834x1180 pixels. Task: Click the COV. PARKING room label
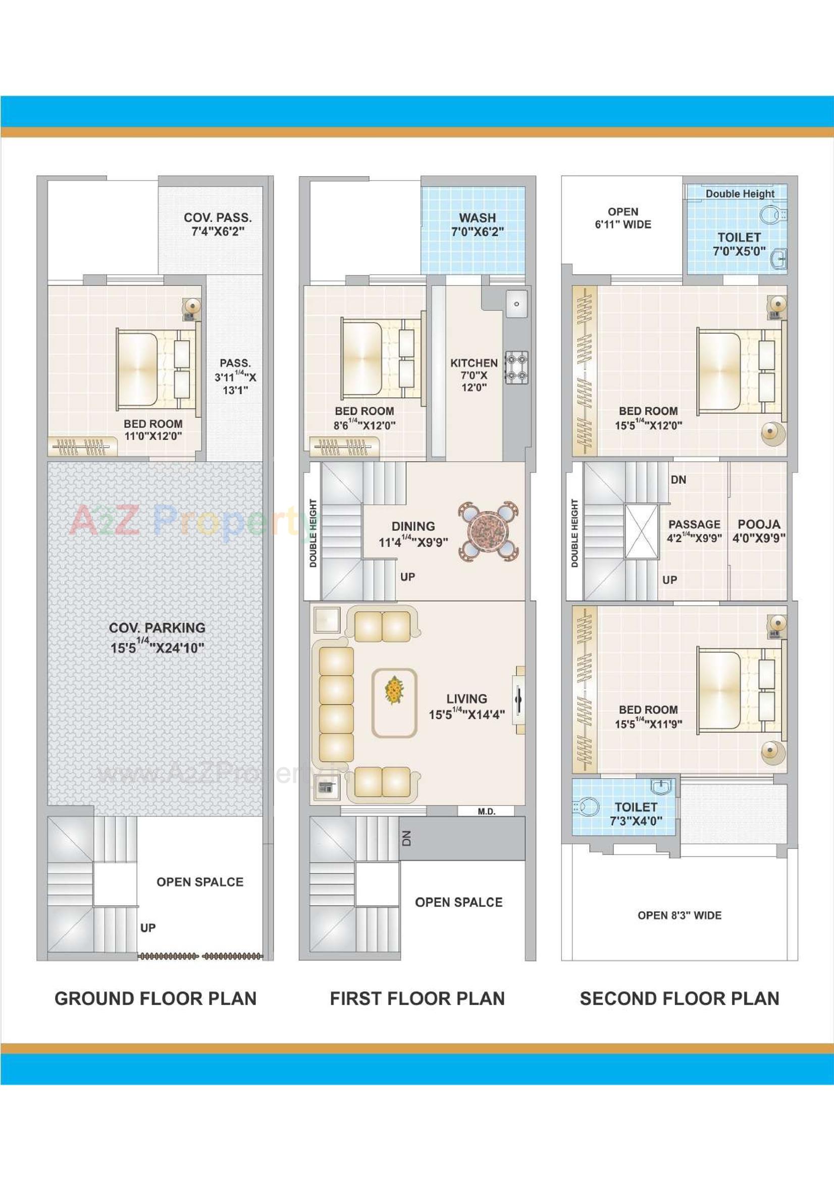(x=157, y=638)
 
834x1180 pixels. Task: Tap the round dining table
(x=488, y=532)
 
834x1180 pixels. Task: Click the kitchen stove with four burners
(x=516, y=367)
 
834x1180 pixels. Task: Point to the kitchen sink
(x=516, y=304)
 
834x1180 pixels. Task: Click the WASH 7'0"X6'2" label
(x=477, y=225)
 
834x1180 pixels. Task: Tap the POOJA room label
(x=758, y=531)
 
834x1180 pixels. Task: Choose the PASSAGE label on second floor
(x=694, y=531)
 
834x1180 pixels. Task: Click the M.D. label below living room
(x=486, y=812)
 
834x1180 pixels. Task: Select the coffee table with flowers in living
(x=394, y=703)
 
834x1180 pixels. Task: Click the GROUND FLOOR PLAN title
(x=155, y=998)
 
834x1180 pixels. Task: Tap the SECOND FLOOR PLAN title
(x=679, y=998)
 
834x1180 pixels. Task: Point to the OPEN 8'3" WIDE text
(x=679, y=916)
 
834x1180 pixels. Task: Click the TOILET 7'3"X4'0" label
(x=636, y=814)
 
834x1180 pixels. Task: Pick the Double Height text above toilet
(x=740, y=194)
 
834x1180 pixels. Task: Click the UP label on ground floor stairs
(x=148, y=928)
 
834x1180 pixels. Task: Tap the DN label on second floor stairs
(x=678, y=479)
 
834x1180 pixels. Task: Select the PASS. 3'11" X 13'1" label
(x=235, y=376)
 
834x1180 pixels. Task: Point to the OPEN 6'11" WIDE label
(x=622, y=218)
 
